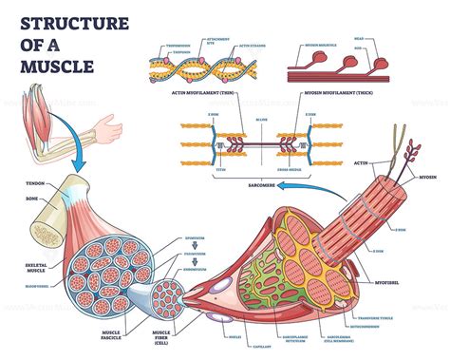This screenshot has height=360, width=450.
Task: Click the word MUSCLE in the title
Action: pyautogui.click(x=58, y=66)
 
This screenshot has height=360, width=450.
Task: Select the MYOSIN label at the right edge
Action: pyautogui.click(x=427, y=177)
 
